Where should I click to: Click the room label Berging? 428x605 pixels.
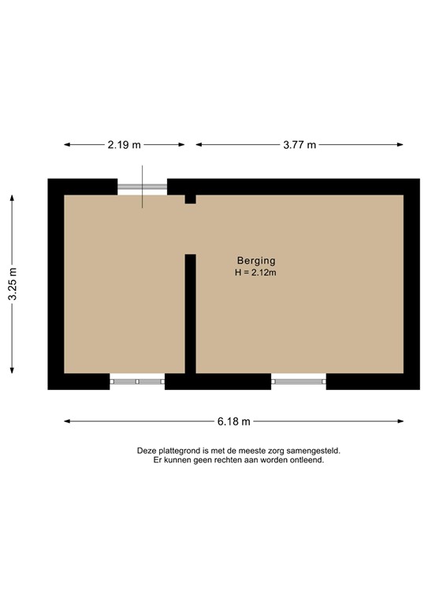[x=256, y=261]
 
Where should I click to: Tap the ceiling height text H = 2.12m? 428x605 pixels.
[x=256, y=273]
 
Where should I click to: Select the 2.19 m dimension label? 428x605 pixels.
[x=125, y=144]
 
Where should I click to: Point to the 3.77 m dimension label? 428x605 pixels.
[x=300, y=144]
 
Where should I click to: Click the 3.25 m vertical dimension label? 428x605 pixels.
[x=12, y=284]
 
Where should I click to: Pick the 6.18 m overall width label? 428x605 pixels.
[x=234, y=421]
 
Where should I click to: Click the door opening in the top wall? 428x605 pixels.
[x=143, y=187]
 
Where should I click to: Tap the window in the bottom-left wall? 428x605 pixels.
[x=137, y=381]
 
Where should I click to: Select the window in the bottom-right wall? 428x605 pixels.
[x=299, y=381]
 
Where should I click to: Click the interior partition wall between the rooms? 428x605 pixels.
[x=190, y=313]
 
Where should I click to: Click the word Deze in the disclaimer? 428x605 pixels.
[x=147, y=451]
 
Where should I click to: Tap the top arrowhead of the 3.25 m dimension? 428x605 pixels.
[x=12, y=197]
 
